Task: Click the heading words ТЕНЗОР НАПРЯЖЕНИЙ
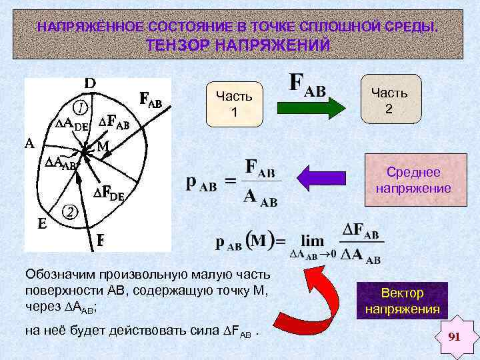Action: (x=238, y=45)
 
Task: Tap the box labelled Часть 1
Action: (x=234, y=105)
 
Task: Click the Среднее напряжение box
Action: (x=413, y=181)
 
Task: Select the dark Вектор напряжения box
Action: (x=402, y=301)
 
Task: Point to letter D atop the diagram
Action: (x=90, y=83)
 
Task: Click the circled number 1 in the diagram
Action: (x=79, y=108)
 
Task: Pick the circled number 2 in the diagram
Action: (x=69, y=212)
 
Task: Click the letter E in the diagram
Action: (x=41, y=225)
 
